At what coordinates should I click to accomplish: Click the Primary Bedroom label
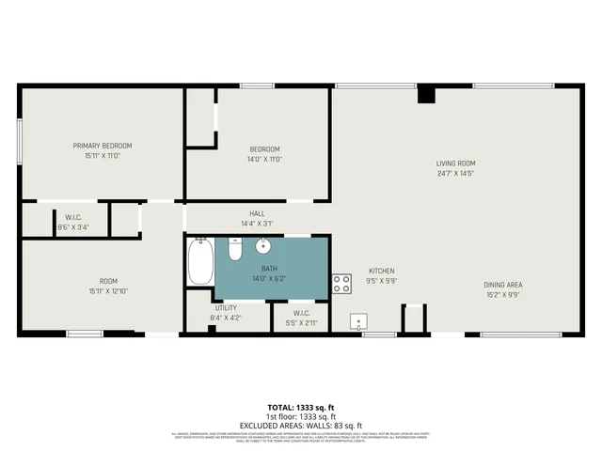tap(103, 146)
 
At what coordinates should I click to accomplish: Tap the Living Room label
tap(455, 162)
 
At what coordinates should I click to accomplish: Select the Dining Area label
tap(502, 285)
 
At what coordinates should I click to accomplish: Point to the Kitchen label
tap(382, 269)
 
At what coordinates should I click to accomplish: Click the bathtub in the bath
tap(200, 262)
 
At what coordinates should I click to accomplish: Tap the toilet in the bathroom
tap(235, 250)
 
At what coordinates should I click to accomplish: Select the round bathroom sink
tap(263, 247)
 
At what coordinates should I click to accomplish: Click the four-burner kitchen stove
tap(341, 282)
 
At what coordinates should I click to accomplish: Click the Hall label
tap(257, 213)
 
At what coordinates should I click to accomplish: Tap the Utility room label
tap(225, 307)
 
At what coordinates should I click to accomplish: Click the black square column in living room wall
tap(426, 94)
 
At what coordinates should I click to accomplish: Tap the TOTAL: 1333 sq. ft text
tap(301, 408)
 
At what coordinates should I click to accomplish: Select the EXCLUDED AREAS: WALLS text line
tap(301, 426)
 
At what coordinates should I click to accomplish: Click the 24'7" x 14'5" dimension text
tap(455, 173)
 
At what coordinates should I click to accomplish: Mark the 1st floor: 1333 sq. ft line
tap(301, 417)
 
